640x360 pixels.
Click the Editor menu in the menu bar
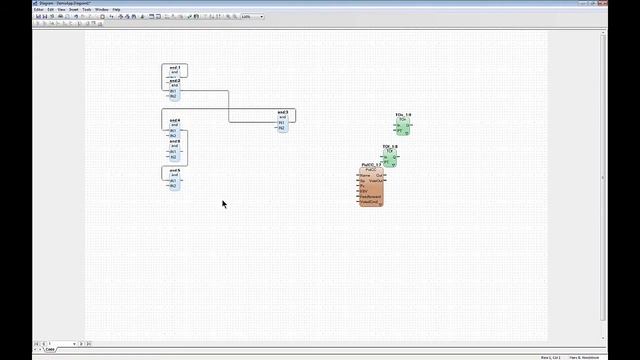[x=38, y=9]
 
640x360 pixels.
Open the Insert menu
[x=73, y=9]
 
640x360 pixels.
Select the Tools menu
[x=87, y=9]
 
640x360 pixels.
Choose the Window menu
[x=102, y=9]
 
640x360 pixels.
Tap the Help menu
[x=117, y=9]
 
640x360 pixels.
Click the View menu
[x=61, y=9]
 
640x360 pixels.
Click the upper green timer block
[x=403, y=125]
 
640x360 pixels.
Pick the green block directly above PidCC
[x=390, y=155]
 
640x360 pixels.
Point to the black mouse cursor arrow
[x=224, y=203]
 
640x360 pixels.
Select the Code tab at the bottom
[x=50, y=350]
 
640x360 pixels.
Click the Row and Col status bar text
[x=551, y=356]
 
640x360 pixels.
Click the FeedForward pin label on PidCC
[x=371, y=196]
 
